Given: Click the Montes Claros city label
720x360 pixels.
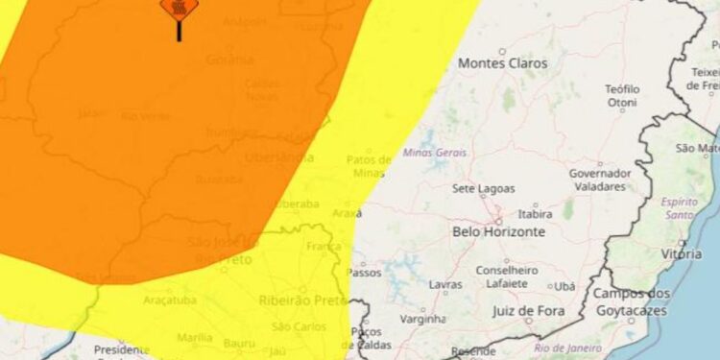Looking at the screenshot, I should pyautogui.click(x=503, y=63).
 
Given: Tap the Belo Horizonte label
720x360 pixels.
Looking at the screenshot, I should pyautogui.click(x=498, y=231).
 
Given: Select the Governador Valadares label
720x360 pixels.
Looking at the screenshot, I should pyautogui.click(x=600, y=180).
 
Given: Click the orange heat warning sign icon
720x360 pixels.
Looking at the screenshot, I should pyautogui.click(x=179, y=9).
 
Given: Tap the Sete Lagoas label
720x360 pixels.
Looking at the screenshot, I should pyautogui.click(x=483, y=189).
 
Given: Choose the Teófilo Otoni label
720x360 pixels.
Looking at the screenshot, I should pyautogui.click(x=622, y=96).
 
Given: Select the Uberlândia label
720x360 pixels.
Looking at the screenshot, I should pyautogui.click(x=278, y=156).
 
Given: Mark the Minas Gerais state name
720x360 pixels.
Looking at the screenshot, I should pyautogui.click(x=435, y=152).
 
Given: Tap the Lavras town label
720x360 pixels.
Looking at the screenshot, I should pyautogui.click(x=445, y=285).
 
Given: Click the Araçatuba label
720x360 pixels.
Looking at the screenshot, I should pyautogui.click(x=169, y=300).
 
